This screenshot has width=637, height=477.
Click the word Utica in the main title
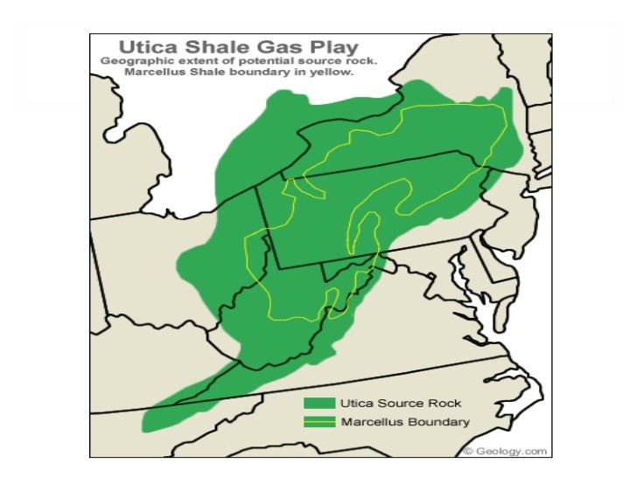click(x=133, y=45)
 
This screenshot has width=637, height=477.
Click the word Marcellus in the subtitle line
click(x=152, y=74)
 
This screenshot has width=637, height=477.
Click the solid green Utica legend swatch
click(x=319, y=404)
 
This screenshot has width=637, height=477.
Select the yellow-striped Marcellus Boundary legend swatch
click(x=319, y=422)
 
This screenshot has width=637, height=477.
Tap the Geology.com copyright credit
click(x=506, y=451)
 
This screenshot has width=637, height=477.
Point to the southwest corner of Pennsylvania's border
click(x=279, y=267)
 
